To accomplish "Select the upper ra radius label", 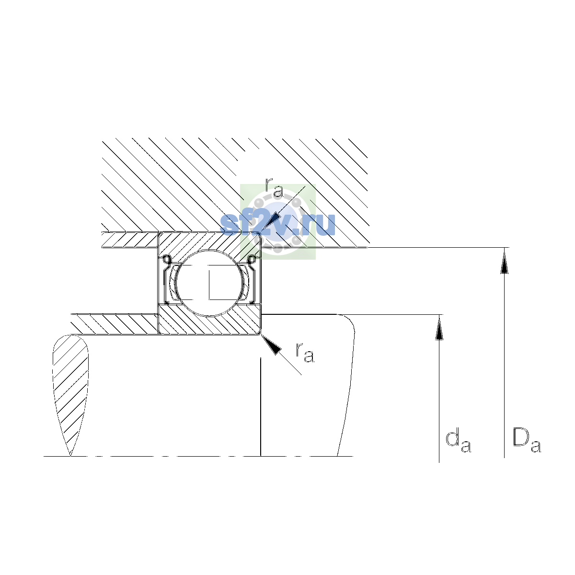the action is (274, 188).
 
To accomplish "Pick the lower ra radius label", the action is (305, 353).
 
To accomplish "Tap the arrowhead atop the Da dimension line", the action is (504, 261).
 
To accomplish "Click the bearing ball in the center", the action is (210, 283).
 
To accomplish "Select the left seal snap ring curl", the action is (166, 259).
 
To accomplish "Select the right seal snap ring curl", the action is (253, 259).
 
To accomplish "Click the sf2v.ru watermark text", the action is (277, 224).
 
